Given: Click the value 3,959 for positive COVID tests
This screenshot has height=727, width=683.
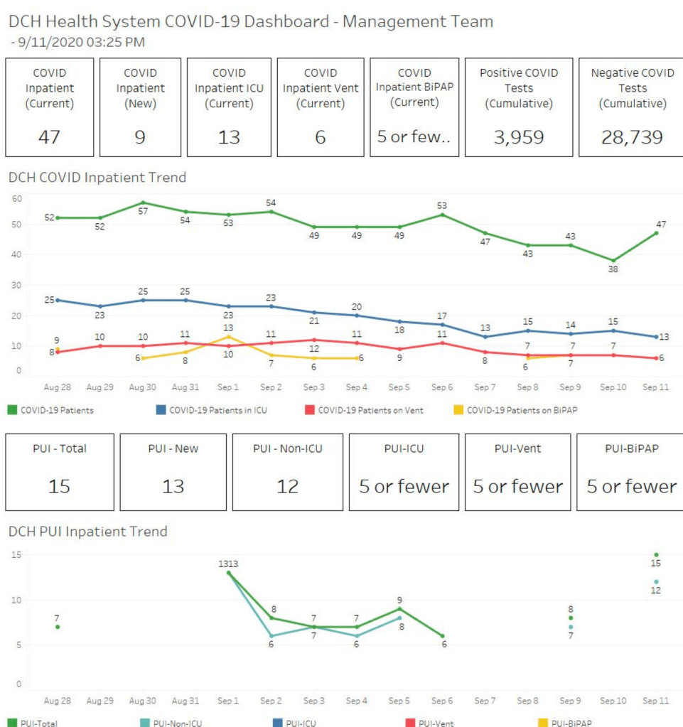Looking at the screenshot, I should coord(519,137).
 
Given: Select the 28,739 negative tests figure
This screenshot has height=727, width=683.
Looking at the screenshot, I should coord(633,137).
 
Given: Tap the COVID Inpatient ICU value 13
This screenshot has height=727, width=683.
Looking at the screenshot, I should coord(229,137).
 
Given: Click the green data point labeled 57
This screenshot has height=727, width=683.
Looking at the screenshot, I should coord(143,203).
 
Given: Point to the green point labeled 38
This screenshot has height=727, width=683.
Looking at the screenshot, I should coord(613,261).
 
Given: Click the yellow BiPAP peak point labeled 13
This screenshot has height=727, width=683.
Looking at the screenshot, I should coord(229,336).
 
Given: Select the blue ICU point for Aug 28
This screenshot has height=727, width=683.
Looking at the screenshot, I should coord(58,300).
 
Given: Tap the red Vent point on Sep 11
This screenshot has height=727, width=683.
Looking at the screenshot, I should coord(656,358).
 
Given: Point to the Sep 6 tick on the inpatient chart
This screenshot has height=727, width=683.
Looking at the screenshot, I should coord(441,388).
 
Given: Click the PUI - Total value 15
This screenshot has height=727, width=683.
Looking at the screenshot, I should coord(60,487).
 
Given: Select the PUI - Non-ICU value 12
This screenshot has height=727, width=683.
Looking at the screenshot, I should coord(288,487).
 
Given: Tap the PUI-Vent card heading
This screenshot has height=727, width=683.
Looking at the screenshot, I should coord(517,448).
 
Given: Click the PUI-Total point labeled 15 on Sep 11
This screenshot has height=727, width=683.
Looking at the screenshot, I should coord(656,555).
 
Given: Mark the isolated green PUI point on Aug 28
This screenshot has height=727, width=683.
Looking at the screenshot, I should coord(58,627).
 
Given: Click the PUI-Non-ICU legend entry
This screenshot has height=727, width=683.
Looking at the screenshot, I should coord(176,723).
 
